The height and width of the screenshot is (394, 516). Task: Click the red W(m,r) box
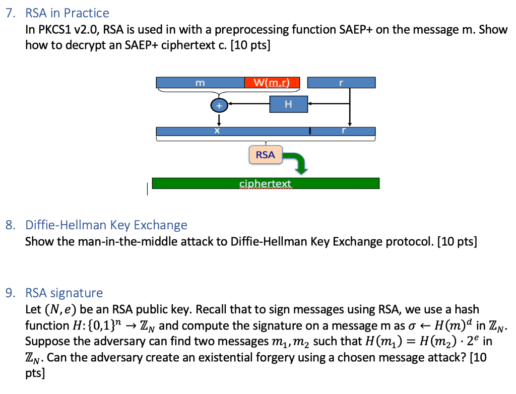(272, 83)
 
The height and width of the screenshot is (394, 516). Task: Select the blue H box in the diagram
(288, 104)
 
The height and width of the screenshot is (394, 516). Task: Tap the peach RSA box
(265, 155)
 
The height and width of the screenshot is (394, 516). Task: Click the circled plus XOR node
(219, 106)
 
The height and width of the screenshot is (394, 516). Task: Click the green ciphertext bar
(266, 183)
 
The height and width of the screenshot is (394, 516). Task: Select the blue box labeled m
(200, 83)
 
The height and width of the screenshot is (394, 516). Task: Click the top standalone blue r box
(341, 83)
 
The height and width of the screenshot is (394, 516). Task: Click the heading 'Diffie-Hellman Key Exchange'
(106, 225)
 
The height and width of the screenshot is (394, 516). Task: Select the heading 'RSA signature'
(64, 293)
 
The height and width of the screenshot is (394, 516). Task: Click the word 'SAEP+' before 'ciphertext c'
(141, 45)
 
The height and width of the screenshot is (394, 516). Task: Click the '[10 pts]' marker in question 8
(457, 241)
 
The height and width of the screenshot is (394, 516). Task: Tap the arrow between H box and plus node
(249, 105)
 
